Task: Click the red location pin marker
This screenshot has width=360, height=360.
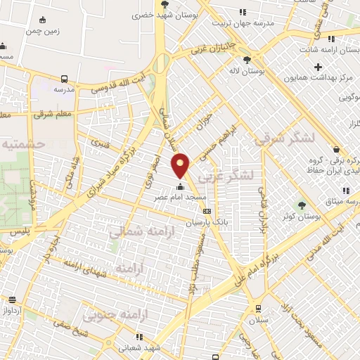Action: (x=181, y=165)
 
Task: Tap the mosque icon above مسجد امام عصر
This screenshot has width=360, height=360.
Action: (x=181, y=187)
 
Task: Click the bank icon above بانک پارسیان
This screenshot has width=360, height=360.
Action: (x=206, y=211)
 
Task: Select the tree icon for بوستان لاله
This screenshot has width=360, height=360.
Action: (x=246, y=60)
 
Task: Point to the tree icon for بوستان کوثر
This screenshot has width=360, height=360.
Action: (x=302, y=205)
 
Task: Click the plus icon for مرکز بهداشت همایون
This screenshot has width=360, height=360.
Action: (x=319, y=67)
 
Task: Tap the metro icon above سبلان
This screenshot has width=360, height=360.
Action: (x=258, y=308)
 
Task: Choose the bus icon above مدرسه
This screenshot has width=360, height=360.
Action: (x=65, y=79)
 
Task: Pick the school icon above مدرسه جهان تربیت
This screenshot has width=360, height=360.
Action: (x=243, y=12)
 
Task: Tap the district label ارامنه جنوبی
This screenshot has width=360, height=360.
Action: (x=107, y=314)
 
